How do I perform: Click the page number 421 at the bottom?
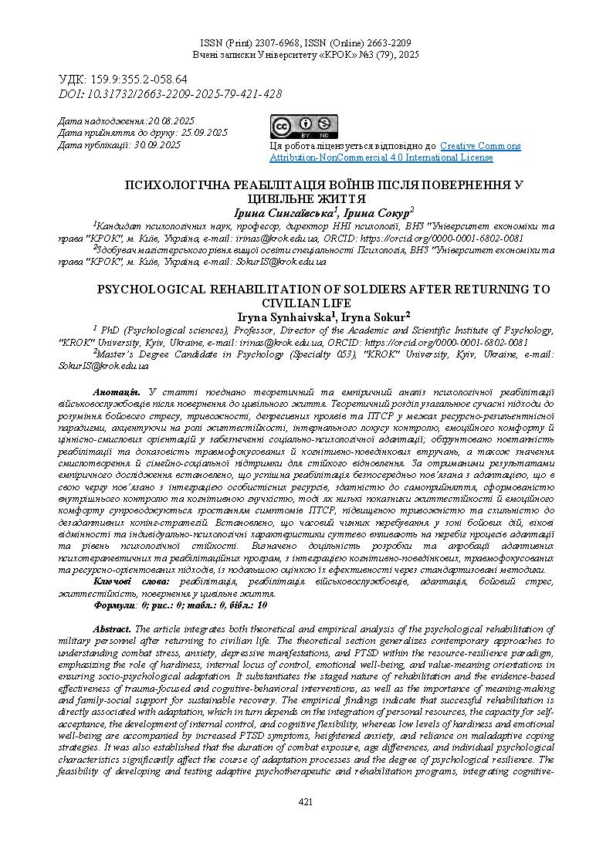(x=306, y=803)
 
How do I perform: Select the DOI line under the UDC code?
(x=170, y=93)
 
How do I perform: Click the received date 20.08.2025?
(x=171, y=121)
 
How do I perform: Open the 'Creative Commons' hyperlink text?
(x=480, y=146)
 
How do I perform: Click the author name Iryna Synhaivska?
(x=286, y=315)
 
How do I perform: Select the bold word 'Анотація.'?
(x=115, y=393)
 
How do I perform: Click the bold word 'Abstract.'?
(x=112, y=629)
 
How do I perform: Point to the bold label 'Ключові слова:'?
(x=132, y=580)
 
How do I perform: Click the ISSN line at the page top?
(x=306, y=44)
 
